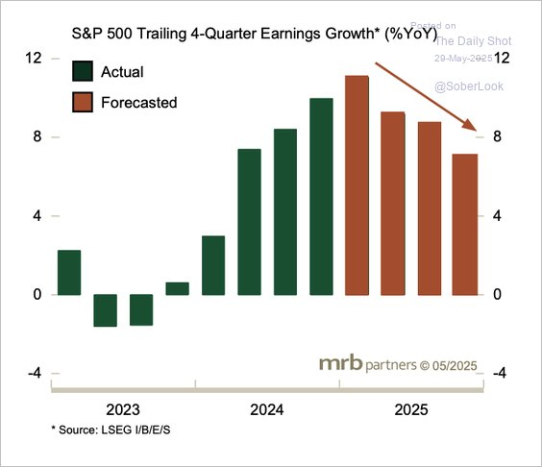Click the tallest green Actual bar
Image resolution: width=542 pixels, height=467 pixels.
[321, 196]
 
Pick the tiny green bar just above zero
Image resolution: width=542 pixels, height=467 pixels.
[177, 288]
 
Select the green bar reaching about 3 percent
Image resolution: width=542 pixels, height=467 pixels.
[213, 264]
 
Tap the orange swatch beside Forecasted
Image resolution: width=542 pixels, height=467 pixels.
[84, 102]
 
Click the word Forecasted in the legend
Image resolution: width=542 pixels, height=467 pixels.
[139, 102]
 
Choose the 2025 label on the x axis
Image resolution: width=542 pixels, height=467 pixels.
[410, 409]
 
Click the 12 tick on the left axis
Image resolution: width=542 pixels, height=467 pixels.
[33, 59]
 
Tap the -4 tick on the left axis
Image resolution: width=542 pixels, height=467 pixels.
[33, 374]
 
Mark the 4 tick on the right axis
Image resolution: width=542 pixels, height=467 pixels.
[498, 216]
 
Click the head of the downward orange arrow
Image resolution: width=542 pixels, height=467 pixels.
[474, 128]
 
